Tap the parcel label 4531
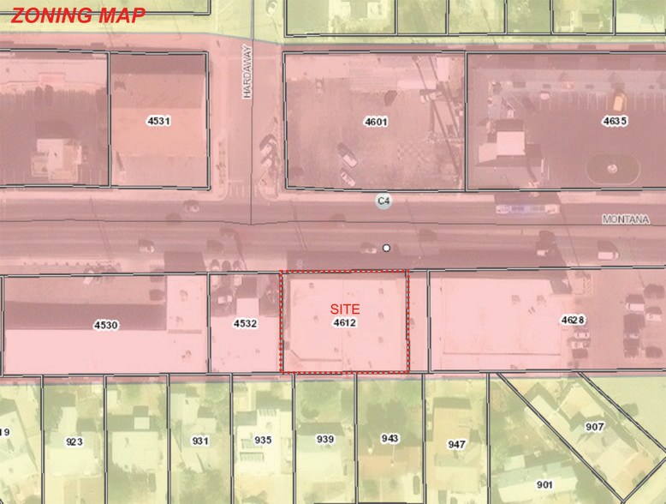click(158, 121)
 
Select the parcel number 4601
click(376, 122)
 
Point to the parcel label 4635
click(615, 121)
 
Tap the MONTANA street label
click(626, 219)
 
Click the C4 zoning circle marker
click(385, 201)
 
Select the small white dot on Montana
click(387, 248)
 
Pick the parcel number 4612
click(345, 323)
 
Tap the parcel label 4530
click(106, 325)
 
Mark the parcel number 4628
click(573, 320)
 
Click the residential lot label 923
click(74, 441)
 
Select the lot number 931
click(200, 441)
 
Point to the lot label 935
click(263, 440)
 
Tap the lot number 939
click(325, 439)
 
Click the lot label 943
click(390, 438)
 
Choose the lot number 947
click(457, 444)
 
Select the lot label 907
click(594, 426)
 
